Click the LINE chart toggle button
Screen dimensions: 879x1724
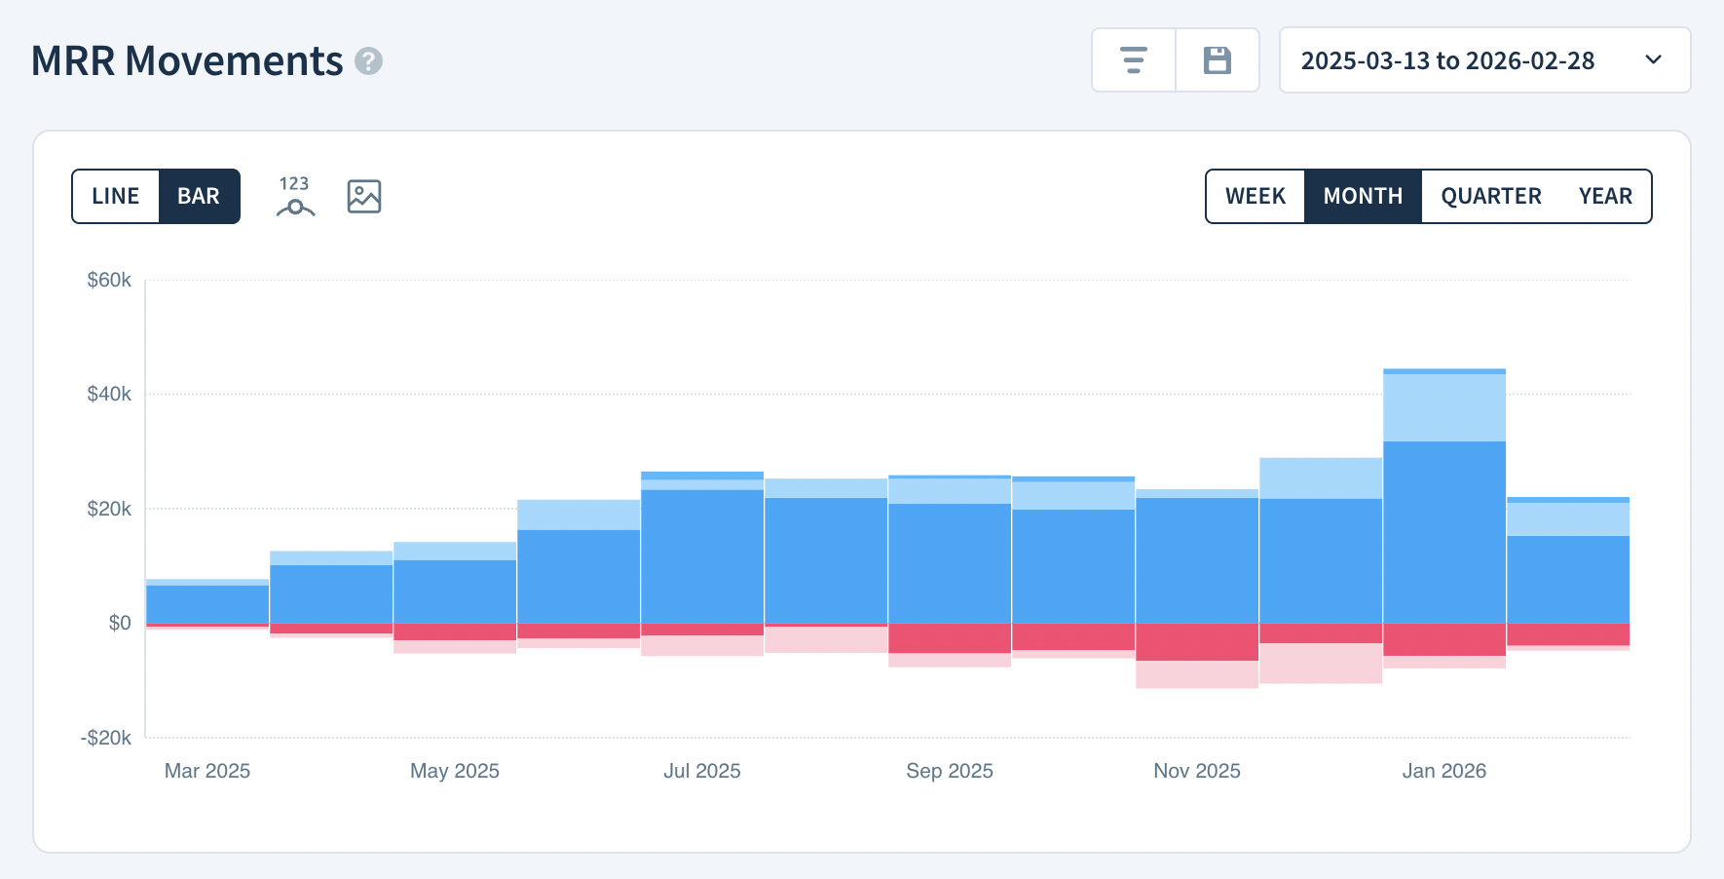pyautogui.click(x=116, y=196)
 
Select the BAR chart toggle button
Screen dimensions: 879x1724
pyautogui.click(x=199, y=196)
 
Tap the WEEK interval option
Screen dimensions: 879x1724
pyautogui.click(x=1255, y=196)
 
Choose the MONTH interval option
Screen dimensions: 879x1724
pyautogui.click(x=1363, y=196)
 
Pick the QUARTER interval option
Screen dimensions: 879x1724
pyautogui.click(x=1490, y=196)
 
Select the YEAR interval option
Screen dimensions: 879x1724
pyautogui.click(x=1604, y=196)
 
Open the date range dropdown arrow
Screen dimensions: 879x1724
pyautogui.click(x=1653, y=59)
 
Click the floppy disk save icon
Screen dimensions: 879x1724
pyautogui.click(x=1218, y=60)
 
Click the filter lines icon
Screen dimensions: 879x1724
pyautogui.click(x=1133, y=60)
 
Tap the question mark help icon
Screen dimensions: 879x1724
pyautogui.click(x=368, y=61)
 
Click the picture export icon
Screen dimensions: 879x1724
pyautogui.click(x=364, y=197)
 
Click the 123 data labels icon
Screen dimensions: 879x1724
pyautogui.click(x=295, y=196)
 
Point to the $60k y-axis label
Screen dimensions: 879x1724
pyautogui.click(x=109, y=281)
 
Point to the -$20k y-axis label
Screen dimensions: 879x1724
pyautogui.click(x=105, y=738)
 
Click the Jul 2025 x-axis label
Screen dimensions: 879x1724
pyautogui.click(x=701, y=771)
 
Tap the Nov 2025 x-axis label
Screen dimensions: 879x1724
pyautogui.click(x=1196, y=771)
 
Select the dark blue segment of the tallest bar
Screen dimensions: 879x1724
pyautogui.click(x=1443, y=531)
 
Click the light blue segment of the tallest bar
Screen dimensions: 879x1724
pyautogui.click(x=1443, y=407)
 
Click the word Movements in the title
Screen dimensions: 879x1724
pyautogui.click(x=234, y=60)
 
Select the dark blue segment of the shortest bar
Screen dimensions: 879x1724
pyautogui.click(x=207, y=603)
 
